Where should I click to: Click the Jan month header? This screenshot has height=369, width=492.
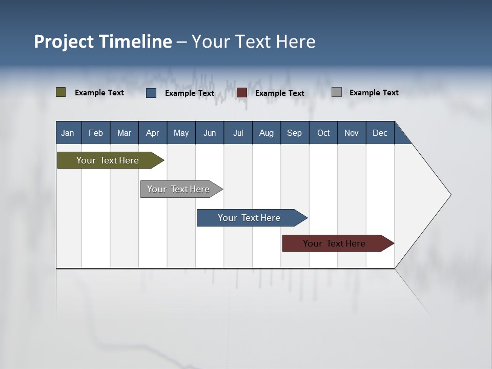click(68, 133)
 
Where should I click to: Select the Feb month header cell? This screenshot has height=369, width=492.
click(96, 133)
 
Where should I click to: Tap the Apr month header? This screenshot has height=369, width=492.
click(153, 133)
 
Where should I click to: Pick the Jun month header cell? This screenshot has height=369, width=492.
click(210, 133)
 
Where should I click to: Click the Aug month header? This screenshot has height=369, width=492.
click(266, 133)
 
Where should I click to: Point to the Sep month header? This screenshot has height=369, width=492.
click(295, 133)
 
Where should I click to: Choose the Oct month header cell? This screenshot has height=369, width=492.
click(323, 133)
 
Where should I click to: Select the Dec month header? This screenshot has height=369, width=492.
click(380, 133)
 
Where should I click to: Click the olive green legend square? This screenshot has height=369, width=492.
click(61, 92)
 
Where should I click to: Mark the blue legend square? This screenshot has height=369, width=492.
click(151, 93)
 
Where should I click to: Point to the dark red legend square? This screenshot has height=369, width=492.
click(242, 93)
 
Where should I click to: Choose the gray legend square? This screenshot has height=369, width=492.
click(337, 92)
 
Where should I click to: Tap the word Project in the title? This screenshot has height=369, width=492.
click(64, 42)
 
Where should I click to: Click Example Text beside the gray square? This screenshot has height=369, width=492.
click(374, 93)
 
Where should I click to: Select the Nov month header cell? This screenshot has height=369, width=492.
click(352, 133)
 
